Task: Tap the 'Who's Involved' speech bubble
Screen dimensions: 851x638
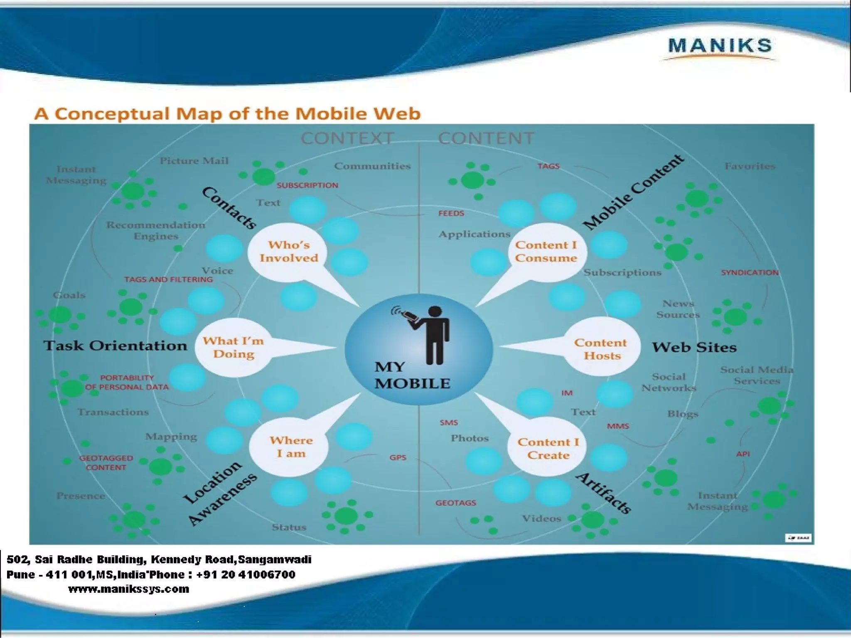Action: pyautogui.click(x=288, y=252)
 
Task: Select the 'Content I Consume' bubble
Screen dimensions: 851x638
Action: pyautogui.click(x=546, y=252)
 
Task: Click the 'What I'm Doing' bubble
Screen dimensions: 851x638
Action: pyautogui.click(x=234, y=348)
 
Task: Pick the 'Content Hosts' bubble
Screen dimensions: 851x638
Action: pyautogui.click(x=601, y=349)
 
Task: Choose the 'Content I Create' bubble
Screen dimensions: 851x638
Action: pyautogui.click(x=548, y=449)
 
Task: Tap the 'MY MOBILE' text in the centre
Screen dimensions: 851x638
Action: pyautogui.click(x=411, y=375)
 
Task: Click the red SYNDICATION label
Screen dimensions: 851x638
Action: pyautogui.click(x=750, y=273)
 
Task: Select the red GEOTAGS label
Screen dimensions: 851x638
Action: pyautogui.click(x=456, y=503)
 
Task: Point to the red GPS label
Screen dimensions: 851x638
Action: pyautogui.click(x=398, y=458)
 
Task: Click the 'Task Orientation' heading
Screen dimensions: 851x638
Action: pyautogui.click(x=116, y=346)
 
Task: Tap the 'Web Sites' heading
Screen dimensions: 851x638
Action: pyautogui.click(x=694, y=347)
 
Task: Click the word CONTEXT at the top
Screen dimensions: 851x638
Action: pyautogui.click(x=347, y=138)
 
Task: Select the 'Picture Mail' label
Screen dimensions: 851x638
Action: pyautogui.click(x=194, y=161)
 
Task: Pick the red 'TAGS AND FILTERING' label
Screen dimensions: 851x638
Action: pyautogui.click(x=168, y=280)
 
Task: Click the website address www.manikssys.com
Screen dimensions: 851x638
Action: pyautogui.click(x=128, y=589)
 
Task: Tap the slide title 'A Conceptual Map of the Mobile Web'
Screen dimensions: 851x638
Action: pyautogui.click(x=227, y=114)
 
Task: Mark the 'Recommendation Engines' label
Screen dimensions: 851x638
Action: pyautogui.click(x=156, y=231)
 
